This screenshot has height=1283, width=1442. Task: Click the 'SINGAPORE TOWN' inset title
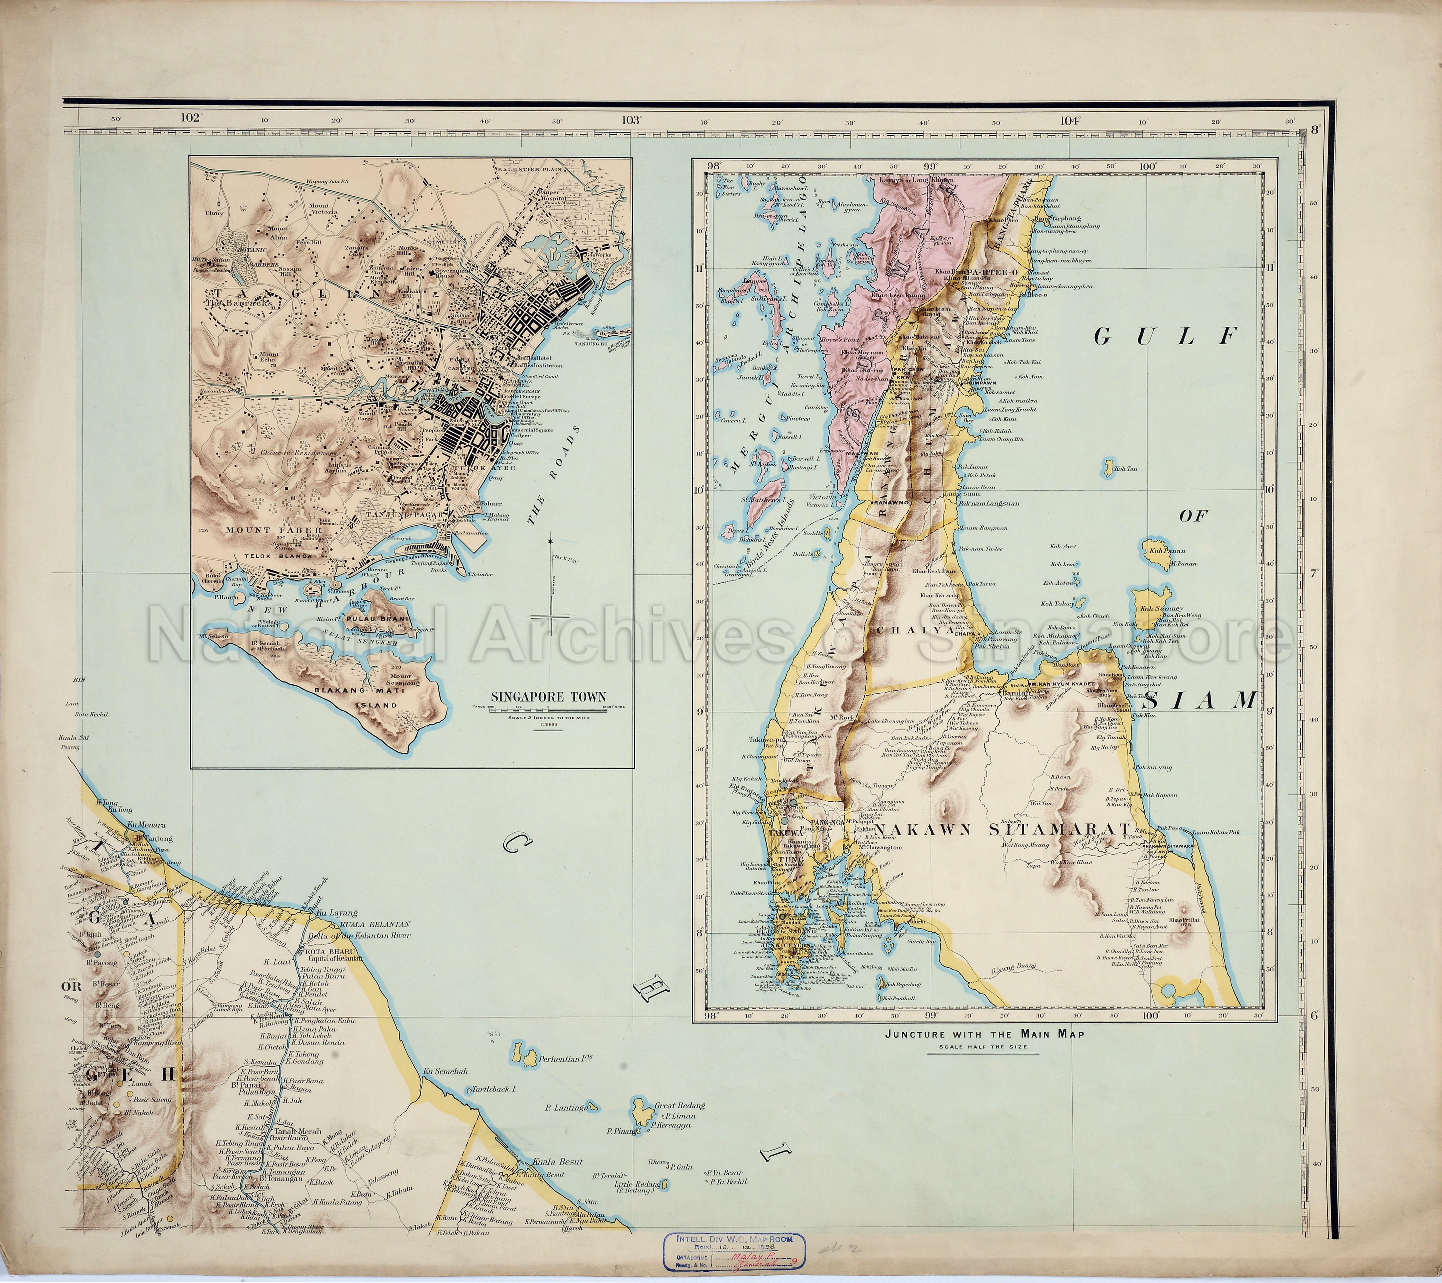[547, 697]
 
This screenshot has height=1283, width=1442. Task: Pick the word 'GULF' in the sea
[1166, 337]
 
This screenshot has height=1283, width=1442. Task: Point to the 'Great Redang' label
[680, 1106]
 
